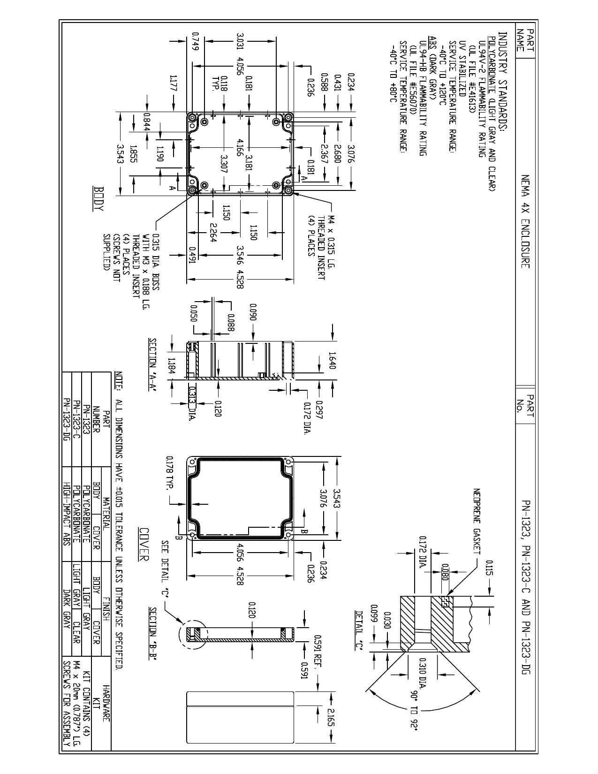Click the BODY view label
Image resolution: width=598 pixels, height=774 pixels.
pos(98,199)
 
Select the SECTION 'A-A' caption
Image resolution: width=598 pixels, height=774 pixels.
pos(153,365)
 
